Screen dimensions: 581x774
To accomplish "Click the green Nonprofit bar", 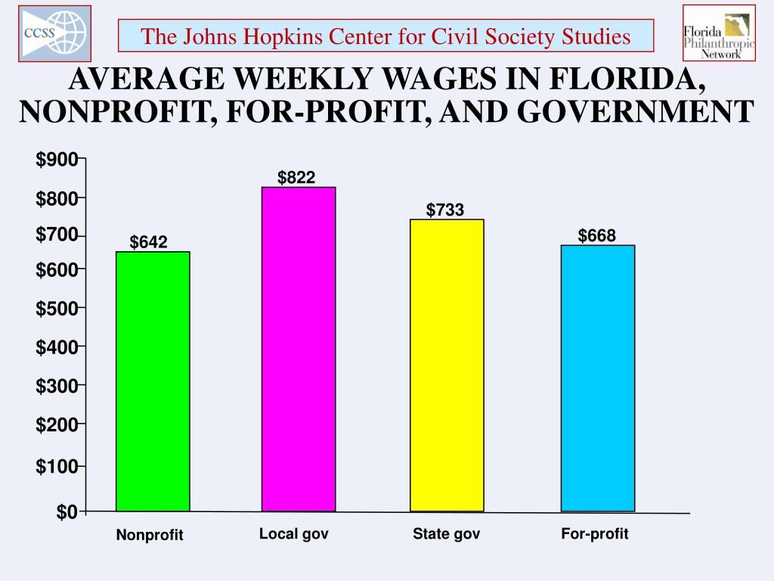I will (x=153, y=381).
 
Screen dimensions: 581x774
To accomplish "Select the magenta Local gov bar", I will (x=299, y=349).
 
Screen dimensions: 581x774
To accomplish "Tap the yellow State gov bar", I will (x=447, y=365).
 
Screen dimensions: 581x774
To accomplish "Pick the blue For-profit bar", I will (x=597, y=378).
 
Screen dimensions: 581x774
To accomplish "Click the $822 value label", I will (x=296, y=178).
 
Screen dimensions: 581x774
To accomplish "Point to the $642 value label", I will (x=149, y=242).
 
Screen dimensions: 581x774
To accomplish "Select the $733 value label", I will (x=445, y=210).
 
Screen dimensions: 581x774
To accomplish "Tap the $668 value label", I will (x=597, y=236).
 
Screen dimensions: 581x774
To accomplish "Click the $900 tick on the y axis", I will (x=57, y=160).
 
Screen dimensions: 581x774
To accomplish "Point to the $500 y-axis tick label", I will (x=57, y=309).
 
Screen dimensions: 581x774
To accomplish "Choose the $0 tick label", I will (x=67, y=513).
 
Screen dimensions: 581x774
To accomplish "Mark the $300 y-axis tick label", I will (x=57, y=387).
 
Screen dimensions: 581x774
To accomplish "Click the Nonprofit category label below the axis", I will (x=150, y=535).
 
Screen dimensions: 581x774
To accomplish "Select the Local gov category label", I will (x=294, y=534).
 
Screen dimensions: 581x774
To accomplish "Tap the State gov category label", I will (x=446, y=534).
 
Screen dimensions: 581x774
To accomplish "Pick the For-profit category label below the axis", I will (x=595, y=534).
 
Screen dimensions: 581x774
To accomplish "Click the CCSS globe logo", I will (x=54, y=33).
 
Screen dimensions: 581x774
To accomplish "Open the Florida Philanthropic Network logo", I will (x=719, y=33).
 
